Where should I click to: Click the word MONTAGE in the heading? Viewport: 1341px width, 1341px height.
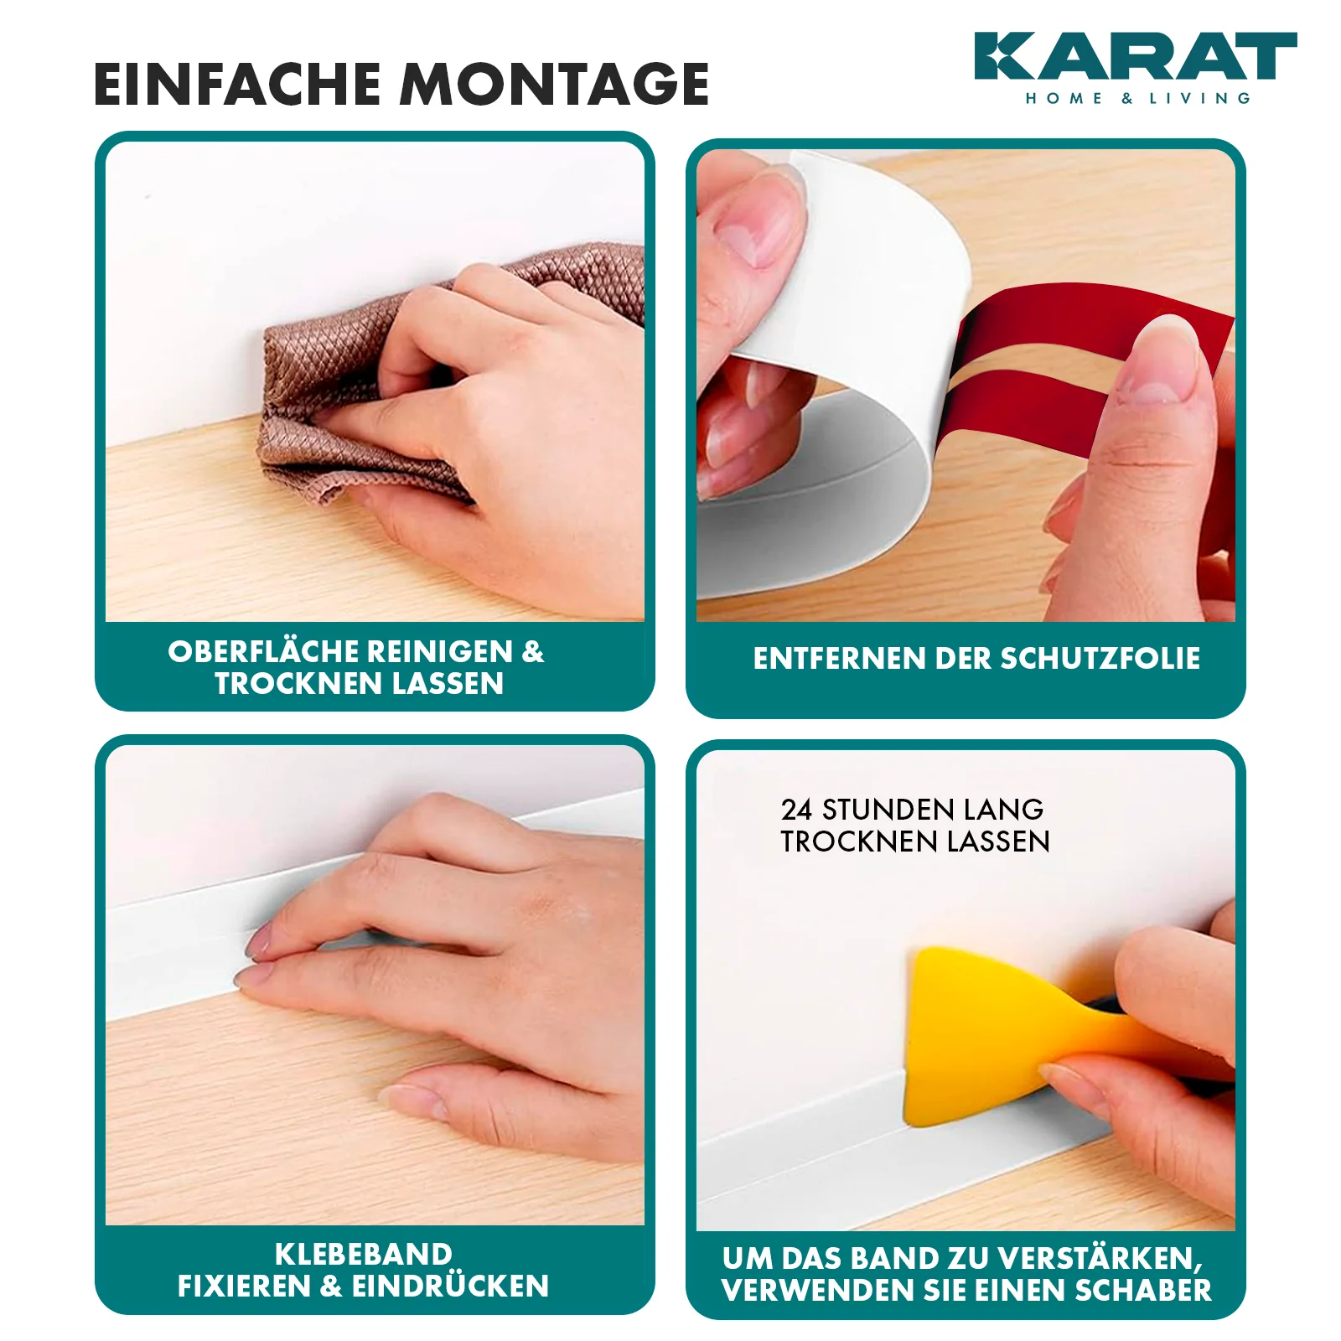(x=555, y=84)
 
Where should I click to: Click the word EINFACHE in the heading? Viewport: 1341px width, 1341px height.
(x=237, y=84)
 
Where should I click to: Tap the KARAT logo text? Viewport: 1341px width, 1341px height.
(x=1136, y=56)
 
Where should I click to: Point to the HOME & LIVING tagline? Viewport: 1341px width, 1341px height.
(x=1138, y=99)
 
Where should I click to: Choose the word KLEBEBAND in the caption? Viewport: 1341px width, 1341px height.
(x=364, y=1255)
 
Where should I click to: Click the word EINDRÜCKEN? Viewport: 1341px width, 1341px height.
(x=450, y=1287)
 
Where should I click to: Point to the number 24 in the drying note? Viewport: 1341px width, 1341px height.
(x=796, y=810)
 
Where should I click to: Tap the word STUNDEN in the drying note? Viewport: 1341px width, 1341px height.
(x=888, y=810)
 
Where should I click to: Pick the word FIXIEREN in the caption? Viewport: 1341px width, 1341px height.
(x=244, y=1287)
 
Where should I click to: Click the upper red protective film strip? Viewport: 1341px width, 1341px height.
(x=1090, y=323)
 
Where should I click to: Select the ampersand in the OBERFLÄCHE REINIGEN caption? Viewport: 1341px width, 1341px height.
(x=533, y=652)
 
